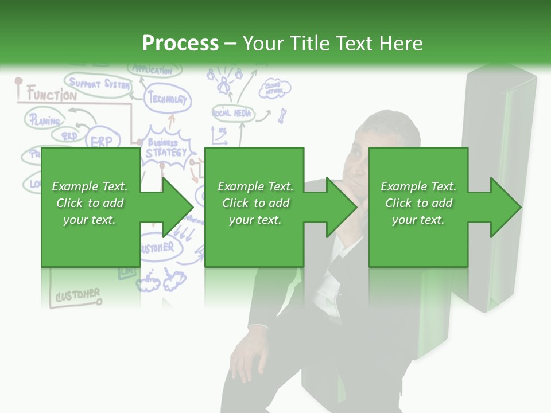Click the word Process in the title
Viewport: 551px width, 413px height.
click(x=180, y=44)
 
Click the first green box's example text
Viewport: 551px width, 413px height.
click(x=90, y=203)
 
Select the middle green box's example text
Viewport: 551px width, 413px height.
click(x=255, y=203)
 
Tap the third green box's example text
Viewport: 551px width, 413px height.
click(x=418, y=203)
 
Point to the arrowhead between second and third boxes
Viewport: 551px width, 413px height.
click(x=341, y=207)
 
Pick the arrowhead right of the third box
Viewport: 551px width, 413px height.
click(x=505, y=207)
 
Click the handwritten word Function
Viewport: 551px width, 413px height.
click(x=52, y=95)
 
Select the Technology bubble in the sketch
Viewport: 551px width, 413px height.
click(x=168, y=99)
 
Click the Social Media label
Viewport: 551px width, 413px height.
click(x=232, y=113)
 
